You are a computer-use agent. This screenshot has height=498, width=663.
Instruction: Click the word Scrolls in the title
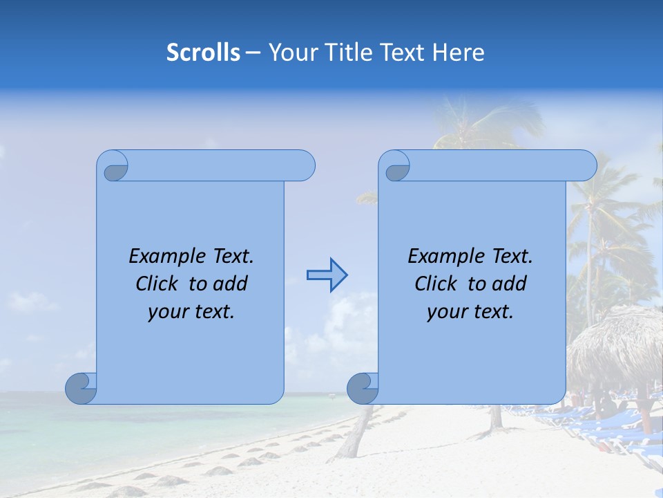tap(203, 53)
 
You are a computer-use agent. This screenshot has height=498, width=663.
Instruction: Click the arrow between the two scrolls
tap(327, 275)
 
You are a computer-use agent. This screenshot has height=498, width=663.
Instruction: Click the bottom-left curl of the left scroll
tap(80, 389)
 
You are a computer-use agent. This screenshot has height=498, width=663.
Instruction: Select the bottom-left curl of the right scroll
tap(362, 389)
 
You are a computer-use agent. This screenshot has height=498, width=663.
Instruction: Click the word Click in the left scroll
tap(158, 284)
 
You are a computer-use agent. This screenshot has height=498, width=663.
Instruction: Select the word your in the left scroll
tap(167, 312)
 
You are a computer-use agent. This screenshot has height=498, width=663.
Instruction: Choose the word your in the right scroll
tap(446, 312)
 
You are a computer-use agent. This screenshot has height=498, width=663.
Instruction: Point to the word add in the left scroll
tap(231, 284)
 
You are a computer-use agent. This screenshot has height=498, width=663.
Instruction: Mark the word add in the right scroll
tap(510, 284)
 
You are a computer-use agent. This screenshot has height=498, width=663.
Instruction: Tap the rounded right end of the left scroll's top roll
tap(305, 166)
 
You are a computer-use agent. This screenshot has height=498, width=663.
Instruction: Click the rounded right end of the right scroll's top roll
tap(586, 166)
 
